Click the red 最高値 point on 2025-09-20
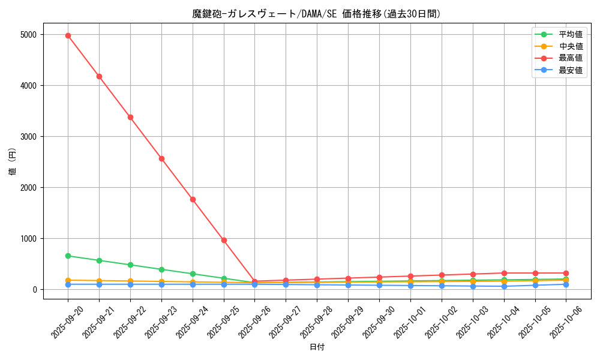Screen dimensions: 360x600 pyautogui.click(x=68, y=35)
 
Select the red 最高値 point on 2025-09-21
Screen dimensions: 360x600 pyautogui.click(x=99, y=76)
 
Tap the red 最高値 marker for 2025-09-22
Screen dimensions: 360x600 pyautogui.click(x=130, y=117)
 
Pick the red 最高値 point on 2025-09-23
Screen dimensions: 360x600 pyautogui.click(x=161, y=158)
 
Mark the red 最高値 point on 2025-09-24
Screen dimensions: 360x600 pyautogui.click(x=193, y=199)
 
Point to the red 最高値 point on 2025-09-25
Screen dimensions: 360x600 pyautogui.click(x=224, y=240)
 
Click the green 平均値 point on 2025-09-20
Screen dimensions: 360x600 pyautogui.click(x=68, y=256)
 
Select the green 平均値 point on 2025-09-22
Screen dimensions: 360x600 pyautogui.click(x=130, y=265)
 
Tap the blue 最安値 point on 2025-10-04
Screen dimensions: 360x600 pyautogui.click(x=504, y=286)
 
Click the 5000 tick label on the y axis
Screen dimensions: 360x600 pyautogui.click(x=28, y=35)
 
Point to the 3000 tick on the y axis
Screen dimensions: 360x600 pyautogui.click(x=28, y=137)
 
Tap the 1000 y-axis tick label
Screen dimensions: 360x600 pyautogui.click(x=28, y=239)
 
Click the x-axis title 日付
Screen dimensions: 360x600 pyautogui.click(x=317, y=347)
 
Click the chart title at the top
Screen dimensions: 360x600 pyautogui.click(x=317, y=14)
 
